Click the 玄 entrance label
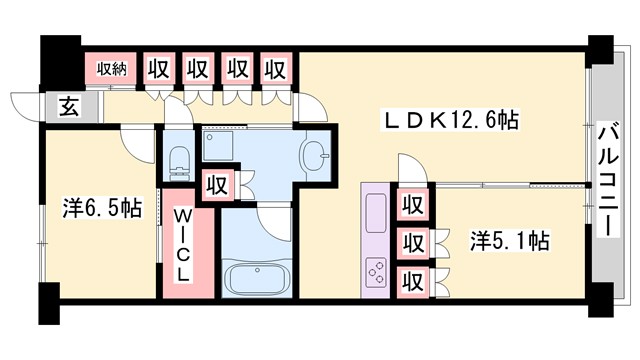[x=66, y=105]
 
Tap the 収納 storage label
[x=112, y=69]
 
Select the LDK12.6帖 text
[x=452, y=120]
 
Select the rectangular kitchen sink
[x=378, y=212]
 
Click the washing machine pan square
[x=219, y=147]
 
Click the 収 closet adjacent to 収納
[x=157, y=69]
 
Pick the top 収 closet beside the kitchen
[x=410, y=204]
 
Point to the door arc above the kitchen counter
[x=412, y=168]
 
